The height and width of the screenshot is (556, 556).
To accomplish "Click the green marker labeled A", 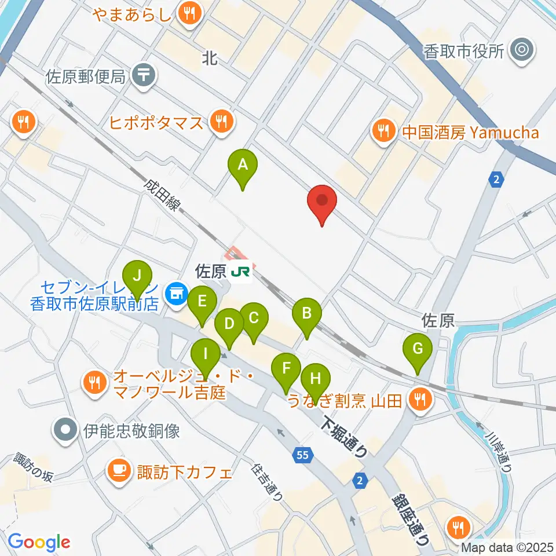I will (x=243, y=165).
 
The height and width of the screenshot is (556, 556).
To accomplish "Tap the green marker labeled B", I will (x=307, y=314).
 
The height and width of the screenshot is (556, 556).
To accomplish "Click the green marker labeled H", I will (x=315, y=379).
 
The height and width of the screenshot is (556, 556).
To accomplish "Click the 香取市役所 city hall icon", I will (x=522, y=51).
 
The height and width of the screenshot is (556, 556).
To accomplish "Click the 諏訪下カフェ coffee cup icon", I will (x=120, y=471).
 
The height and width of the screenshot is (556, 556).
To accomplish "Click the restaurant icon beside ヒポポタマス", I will (x=221, y=122).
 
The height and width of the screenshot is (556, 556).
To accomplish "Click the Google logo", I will (x=39, y=542).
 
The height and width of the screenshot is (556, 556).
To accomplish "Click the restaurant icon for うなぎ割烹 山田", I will (x=419, y=400).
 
